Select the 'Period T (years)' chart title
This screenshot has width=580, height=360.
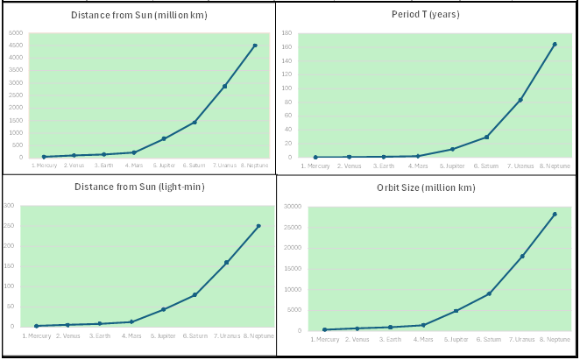(425, 14)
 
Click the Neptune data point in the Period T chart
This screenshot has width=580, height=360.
(555, 45)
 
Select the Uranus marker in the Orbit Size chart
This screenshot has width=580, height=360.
(522, 257)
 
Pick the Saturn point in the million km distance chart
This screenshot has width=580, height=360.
(195, 122)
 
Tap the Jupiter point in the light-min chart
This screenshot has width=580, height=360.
(163, 309)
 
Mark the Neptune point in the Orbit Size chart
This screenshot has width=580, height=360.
(555, 214)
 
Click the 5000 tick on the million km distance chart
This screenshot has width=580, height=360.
(16, 33)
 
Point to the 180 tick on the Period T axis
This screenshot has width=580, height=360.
(286, 33)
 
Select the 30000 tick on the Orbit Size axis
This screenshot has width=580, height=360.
(294, 207)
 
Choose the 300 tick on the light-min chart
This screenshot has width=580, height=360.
(10, 206)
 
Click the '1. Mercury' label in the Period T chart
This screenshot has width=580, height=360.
(315, 166)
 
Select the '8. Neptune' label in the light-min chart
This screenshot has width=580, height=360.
(258, 335)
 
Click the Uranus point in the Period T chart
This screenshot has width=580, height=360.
(520, 100)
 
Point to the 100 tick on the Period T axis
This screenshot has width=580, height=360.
(286, 88)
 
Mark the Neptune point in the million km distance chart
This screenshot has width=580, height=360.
(255, 46)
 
